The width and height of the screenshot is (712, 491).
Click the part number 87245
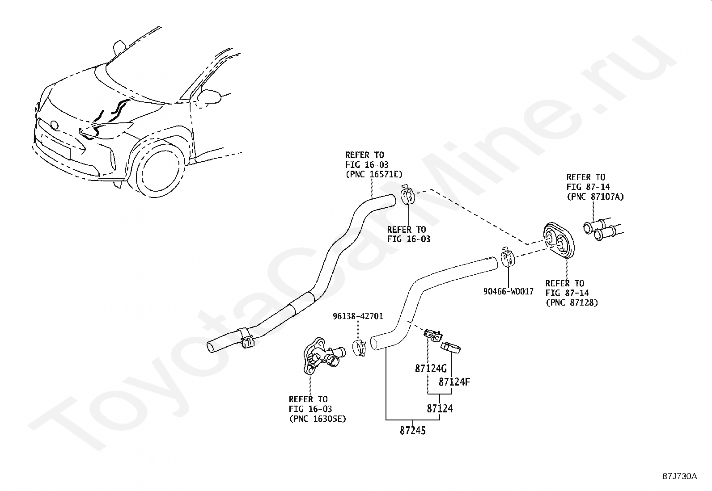[x=412, y=431]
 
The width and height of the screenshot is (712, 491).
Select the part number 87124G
[x=431, y=369]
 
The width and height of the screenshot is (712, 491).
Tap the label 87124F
[x=454, y=382]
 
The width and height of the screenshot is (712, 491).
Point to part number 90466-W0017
[x=508, y=292]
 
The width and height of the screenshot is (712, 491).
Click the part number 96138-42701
[x=358, y=316]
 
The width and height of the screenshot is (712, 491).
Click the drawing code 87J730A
[x=680, y=476]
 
